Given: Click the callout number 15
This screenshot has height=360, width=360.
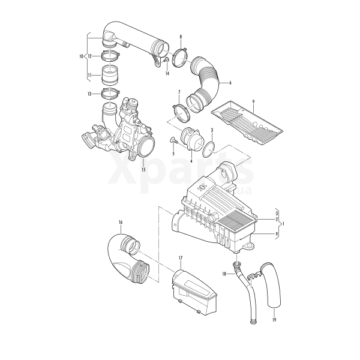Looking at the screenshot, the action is pyautogui.click(x=143, y=170).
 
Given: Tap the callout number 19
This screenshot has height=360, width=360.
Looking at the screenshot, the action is pyautogui.click(x=274, y=319).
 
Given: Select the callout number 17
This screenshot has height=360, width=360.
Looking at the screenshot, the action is pyautogui.click(x=181, y=258).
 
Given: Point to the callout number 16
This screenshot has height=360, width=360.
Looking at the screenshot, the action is pyautogui.click(x=121, y=222).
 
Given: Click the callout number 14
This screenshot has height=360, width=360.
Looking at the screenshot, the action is pyautogui.click(x=167, y=73).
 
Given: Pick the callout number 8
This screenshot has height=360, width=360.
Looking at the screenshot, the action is pyautogui.click(x=181, y=37).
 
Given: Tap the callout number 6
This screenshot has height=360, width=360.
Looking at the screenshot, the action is pyautogui.click(x=230, y=83).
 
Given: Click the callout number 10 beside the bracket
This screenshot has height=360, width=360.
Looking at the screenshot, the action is pyautogui.click(x=81, y=56).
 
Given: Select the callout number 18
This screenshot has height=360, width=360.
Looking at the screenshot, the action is pyautogui.click(x=224, y=274).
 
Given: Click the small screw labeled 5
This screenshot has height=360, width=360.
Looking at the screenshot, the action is pyautogui.click(x=174, y=140).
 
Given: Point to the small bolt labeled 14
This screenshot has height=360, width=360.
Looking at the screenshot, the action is pyautogui.click(x=166, y=59).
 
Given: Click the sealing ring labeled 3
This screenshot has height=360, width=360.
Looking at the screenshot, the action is pyautogui.click(x=209, y=149).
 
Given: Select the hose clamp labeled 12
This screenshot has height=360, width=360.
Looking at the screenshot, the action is pyautogui.click(x=110, y=56).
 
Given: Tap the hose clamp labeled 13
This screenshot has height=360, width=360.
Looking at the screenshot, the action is pyautogui.click(x=110, y=94).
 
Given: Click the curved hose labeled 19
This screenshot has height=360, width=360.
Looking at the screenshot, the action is pyautogui.click(x=272, y=284).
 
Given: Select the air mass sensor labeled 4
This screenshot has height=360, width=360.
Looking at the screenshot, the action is pyautogui.click(x=192, y=140).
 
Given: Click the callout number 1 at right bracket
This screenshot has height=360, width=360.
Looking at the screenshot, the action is pyautogui.click(x=283, y=223).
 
